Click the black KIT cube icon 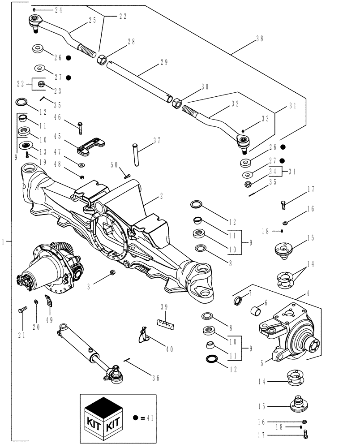tap(104, 417)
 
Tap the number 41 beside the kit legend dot tap(149, 417)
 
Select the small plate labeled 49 tap(48, 301)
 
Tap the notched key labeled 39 tap(164, 323)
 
